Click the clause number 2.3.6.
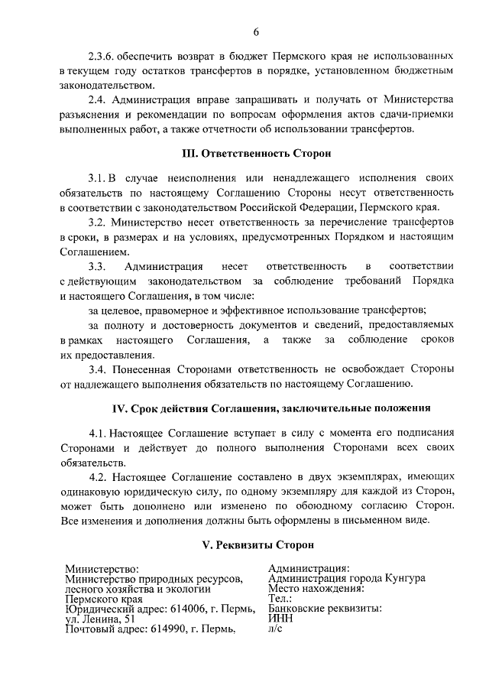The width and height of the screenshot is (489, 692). click(x=102, y=57)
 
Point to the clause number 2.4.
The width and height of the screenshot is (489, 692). click(x=96, y=100)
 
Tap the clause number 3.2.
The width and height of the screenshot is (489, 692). click(x=96, y=223)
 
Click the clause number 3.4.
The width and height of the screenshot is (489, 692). click(x=96, y=369)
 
